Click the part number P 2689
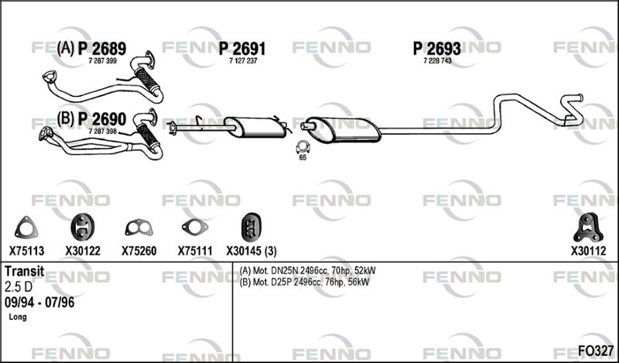[102, 49]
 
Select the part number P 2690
[102, 119]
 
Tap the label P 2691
[242, 49]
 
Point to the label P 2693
[436, 49]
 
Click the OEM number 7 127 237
[243, 61]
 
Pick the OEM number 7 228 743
[437, 61]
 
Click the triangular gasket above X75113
[26, 228]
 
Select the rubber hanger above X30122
[83, 227]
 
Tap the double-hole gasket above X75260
[139, 228]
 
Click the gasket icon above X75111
[195, 227]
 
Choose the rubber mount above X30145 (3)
[251, 227]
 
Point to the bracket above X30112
[588, 228]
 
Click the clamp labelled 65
[303, 146]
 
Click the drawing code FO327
[596, 351]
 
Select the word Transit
[24, 272]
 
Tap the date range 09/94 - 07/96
[39, 303]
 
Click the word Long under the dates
[18, 317]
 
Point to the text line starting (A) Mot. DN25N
[307, 271]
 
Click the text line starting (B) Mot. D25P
[304, 282]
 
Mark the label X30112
[588, 251]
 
